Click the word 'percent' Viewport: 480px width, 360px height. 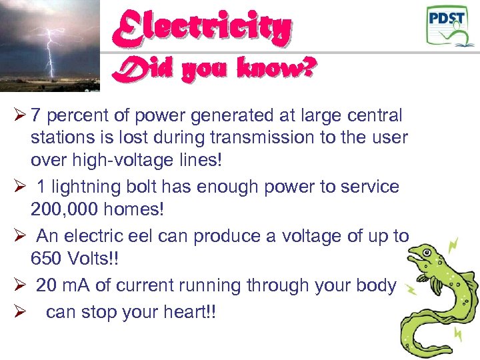pyautogui.click(x=70, y=116)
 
